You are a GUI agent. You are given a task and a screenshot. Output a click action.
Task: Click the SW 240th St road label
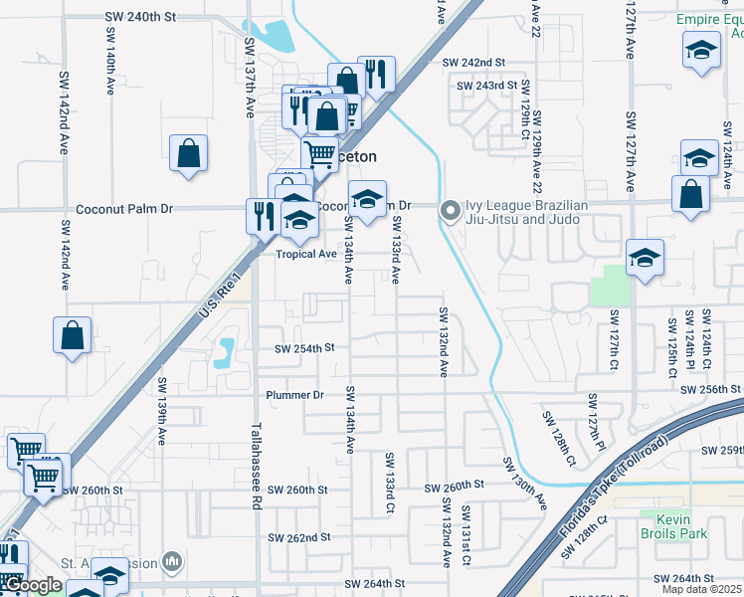140,18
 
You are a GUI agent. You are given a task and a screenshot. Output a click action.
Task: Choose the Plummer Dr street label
295,395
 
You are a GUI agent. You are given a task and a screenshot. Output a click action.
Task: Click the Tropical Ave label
306,254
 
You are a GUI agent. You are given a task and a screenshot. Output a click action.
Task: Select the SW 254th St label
305,348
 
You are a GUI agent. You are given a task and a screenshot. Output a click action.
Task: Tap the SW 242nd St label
474,63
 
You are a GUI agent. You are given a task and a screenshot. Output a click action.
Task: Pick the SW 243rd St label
487,86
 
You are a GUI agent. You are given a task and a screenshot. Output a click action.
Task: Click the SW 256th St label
711,388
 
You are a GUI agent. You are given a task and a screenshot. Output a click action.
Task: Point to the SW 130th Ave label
524,483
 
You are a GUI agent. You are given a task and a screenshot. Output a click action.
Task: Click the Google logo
32,585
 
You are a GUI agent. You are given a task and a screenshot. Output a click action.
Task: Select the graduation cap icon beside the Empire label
701,51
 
